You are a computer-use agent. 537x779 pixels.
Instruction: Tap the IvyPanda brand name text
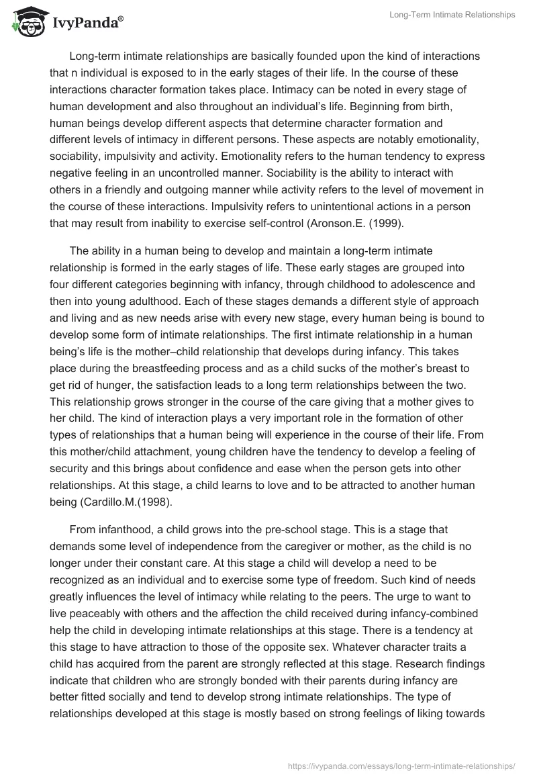85,24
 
